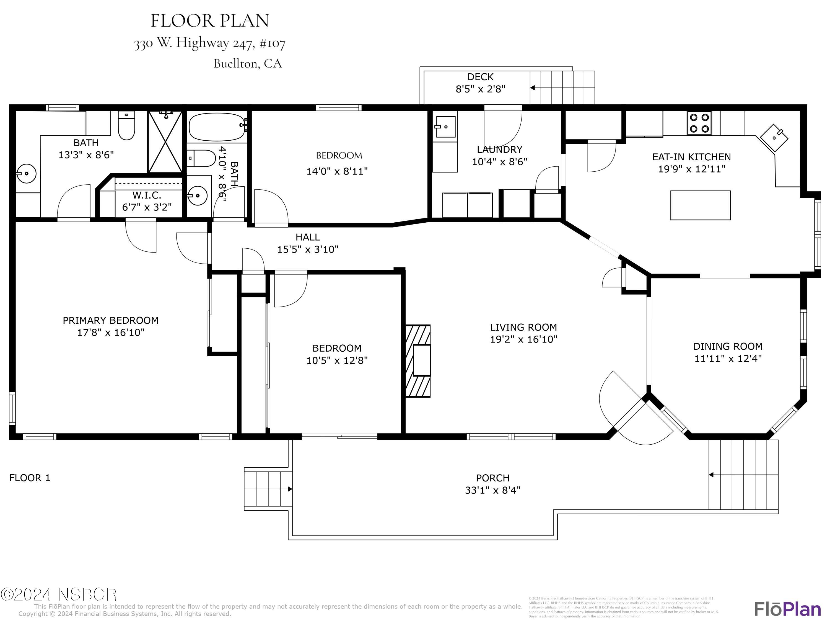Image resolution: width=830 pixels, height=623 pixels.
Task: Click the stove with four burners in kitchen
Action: tap(699, 123)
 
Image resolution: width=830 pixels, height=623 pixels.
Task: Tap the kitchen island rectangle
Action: tap(700, 205)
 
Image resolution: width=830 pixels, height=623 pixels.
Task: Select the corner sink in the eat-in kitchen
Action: tap(774, 138)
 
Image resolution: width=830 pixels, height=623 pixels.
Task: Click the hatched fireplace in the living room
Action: tap(417, 361)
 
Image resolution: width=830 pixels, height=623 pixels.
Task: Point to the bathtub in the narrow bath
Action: tap(217, 127)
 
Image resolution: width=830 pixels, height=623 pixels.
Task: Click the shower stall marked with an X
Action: tap(165, 142)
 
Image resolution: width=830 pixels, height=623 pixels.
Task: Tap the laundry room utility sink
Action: tap(445, 127)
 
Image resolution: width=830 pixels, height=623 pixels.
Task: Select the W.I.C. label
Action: tap(147, 195)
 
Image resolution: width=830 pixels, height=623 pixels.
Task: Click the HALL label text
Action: tap(308, 237)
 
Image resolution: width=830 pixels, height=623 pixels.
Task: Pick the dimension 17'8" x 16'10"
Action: tap(111, 332)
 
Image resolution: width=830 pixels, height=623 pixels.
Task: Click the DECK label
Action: tap(480, 77)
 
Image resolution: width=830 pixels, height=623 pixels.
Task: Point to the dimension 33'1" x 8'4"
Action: tap(493, 490)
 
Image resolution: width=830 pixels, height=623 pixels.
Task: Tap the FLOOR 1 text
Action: tap(30, 478)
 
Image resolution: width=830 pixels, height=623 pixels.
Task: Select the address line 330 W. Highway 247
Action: tap(210, 43)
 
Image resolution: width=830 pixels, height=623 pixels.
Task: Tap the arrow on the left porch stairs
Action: tap(290, 489)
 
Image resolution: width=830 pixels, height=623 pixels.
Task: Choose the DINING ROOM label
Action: tap(728, 346)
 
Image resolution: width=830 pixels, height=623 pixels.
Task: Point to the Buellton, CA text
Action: tap(248, 63)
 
